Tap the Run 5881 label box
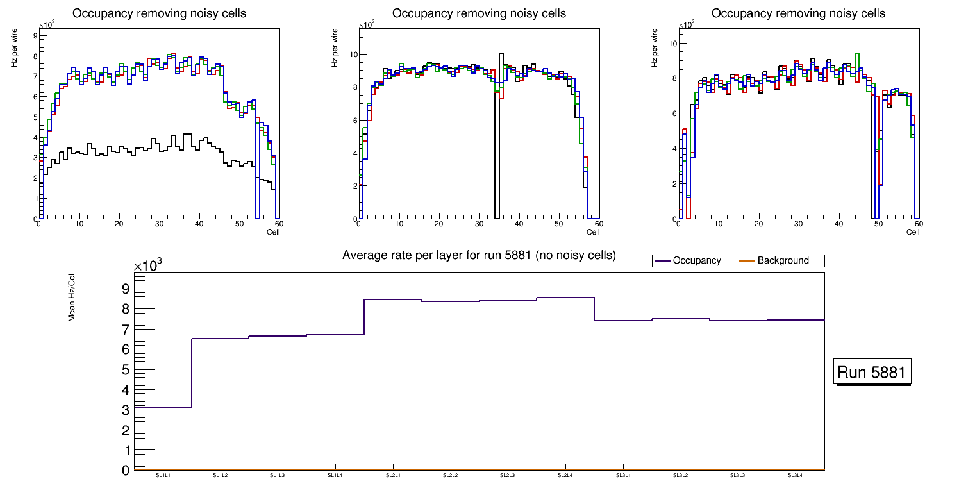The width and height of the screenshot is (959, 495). (872, 373)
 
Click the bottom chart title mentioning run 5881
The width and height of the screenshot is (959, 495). (479, 255)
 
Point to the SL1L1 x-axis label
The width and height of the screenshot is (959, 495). (163, 476)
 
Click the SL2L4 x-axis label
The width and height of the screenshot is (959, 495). (565, 476)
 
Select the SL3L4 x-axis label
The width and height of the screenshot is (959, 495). (795, 476)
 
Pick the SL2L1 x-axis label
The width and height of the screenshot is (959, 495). (393, 476)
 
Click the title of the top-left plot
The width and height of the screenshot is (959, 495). (160, 13)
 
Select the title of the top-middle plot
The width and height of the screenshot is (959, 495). (479, 13)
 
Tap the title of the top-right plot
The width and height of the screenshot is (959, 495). (798, 13)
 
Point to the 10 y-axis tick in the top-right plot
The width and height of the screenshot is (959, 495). (673, 44)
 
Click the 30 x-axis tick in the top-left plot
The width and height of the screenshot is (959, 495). (158, 224)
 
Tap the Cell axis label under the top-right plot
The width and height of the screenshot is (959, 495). (913, 232)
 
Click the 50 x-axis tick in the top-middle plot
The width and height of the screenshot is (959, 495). (558, 224)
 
